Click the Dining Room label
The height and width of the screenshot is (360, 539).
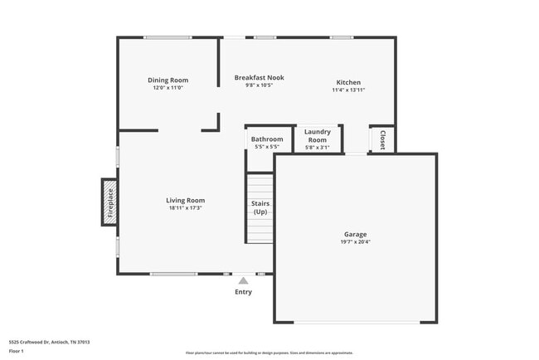pos(168,80)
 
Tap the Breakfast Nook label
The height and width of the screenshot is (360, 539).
pos(259,77)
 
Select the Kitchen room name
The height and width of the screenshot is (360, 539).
pos(348,82)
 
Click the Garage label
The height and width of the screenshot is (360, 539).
pos(356,234)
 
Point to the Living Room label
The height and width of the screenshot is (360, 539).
pos(185,200)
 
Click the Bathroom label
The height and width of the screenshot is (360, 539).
pos(267,139)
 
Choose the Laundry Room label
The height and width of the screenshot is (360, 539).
pos(318,136)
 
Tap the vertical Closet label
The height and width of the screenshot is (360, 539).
pos(382,139)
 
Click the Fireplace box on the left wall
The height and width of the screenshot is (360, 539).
pos(109,202)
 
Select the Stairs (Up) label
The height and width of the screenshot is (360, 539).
pos(260,207)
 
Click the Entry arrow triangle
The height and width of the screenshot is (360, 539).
pos(243,281)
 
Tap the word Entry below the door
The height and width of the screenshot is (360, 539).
pos(243,292)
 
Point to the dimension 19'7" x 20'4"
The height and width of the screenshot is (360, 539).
pos(356,242)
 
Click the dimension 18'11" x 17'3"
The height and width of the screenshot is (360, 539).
pos(185,208)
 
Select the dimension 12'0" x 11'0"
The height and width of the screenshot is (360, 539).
pos(168,88)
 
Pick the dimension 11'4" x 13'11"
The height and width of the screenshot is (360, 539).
pos(348,90)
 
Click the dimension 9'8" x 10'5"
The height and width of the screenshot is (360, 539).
pos(259,85)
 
